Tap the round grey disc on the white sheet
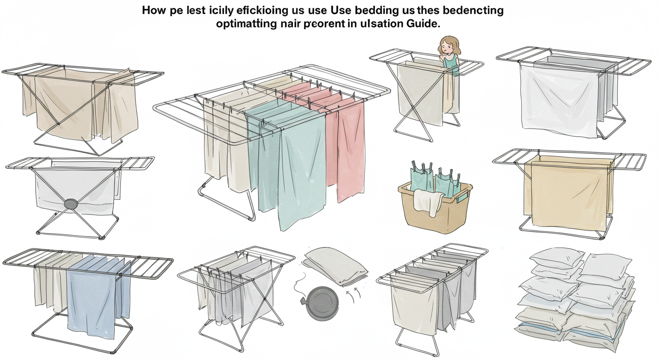(x=71, y=204)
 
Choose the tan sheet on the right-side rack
(x=568, y=192)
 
